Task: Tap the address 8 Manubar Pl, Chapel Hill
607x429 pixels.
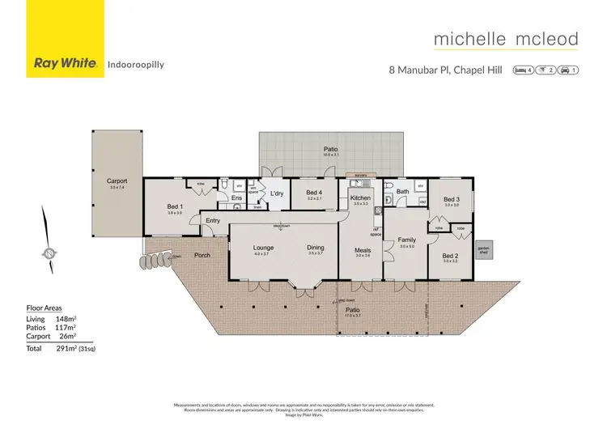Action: click(x=445, y=70)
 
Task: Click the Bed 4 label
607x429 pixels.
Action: click(x=315, y=192)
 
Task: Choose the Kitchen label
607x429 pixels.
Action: click(x=360, y=198)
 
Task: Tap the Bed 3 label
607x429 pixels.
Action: click(x=451, y=199)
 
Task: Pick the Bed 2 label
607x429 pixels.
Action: click(x=451, y=255)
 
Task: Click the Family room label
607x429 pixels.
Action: click(x=406, y=240)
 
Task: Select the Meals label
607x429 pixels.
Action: click(x=362, y=250)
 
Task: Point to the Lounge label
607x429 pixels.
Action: click(x=262, y=248)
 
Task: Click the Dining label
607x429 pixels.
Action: click(x=315, y=248)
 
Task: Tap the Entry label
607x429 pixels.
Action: click(x=213, y=220)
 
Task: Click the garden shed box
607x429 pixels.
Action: click(x=483, y=250)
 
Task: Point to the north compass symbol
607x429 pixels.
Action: click(x=49, y=254)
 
